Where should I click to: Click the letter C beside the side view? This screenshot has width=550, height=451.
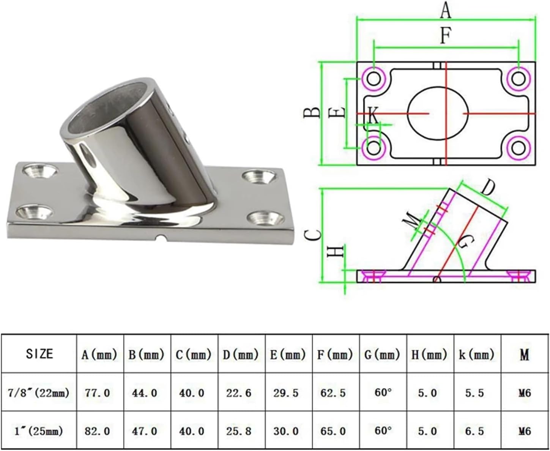tap(313, 235)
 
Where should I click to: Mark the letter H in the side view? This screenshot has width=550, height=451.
tap(336, 251)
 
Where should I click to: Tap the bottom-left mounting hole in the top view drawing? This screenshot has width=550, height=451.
tap(374, 147)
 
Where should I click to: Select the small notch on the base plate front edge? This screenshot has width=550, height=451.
tap(161, 238)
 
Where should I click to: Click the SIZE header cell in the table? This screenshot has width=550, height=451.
tap(39, 354)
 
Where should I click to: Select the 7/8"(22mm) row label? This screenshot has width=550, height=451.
tap(39, 392)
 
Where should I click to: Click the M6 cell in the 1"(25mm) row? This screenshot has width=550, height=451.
tap(524, 431)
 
